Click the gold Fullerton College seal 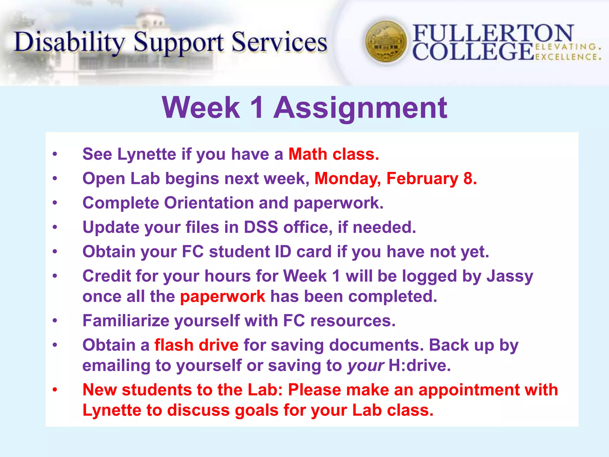click(x=386, y=42)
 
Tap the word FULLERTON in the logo click(x=493, y=33)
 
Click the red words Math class click(x=334, y=154)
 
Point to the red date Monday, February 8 click(x=395, y=179)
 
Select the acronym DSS click(x=261, y=227)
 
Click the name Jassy click(x=510, y=276)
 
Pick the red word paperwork click(x=222, y=296)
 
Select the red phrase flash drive click(x=196, y=345)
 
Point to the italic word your click(x=366, y=366)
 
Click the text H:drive click(x=420, y=366)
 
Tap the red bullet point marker click(x=55, y=389)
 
